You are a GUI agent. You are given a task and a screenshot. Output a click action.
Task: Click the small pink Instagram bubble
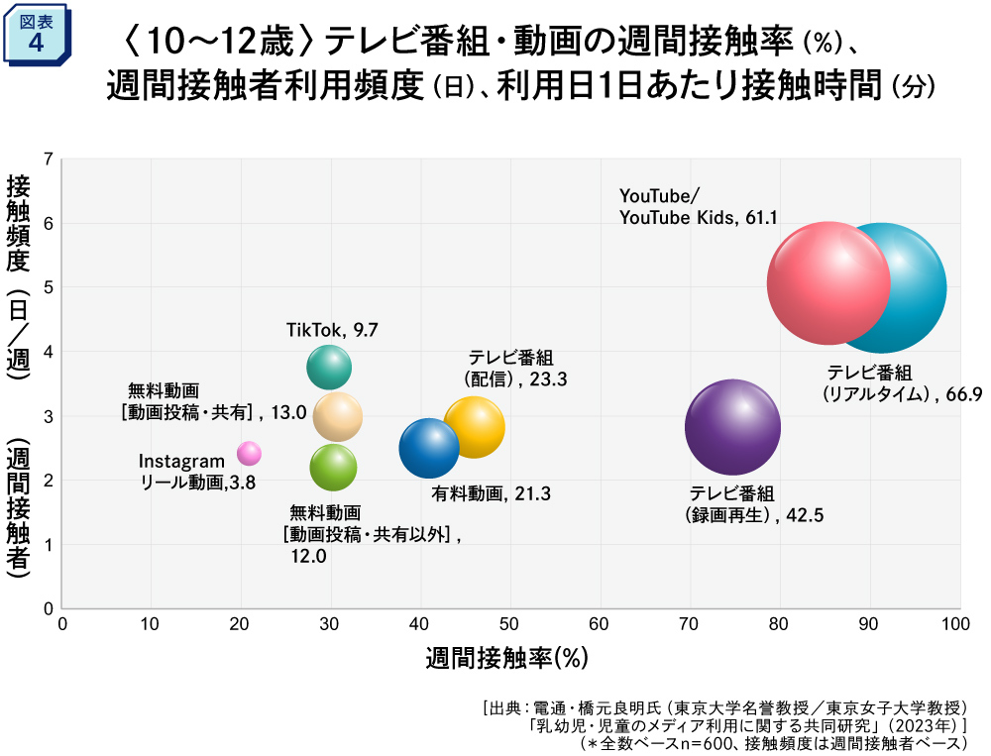point(249,453)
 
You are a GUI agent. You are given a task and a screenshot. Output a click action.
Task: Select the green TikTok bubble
point(329,368)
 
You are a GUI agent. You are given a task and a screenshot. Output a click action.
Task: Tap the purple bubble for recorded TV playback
point(732,427)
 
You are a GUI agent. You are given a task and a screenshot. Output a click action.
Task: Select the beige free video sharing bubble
point(337,416)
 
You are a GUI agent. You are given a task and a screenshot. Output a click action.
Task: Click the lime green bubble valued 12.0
point(333,468)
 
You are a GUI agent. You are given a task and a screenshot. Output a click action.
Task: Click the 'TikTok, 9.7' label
point(332,330)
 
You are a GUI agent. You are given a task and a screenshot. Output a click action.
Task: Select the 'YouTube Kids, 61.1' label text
point(684,217)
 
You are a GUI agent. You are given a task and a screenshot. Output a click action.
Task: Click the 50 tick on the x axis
point(509,624)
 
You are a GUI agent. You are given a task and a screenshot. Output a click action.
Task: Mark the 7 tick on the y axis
point(48,159)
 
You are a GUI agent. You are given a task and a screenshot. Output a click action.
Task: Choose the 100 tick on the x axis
point(956,624)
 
